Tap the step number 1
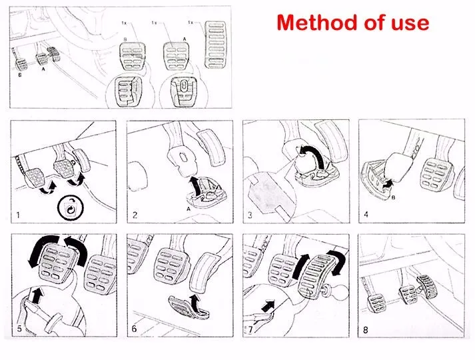pyautogui.click(x=18, y=215)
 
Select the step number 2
pyautogui.click(x=135, y=215)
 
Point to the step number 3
pyautogui.click(x=250, y=215)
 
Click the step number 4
pyautogui.click(x=366, y=215)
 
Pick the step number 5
pyautogui.click(x=19, y=329)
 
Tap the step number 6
pyautogui.click(x=134, y=329)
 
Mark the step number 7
pyautogui.click(x=250, y=329)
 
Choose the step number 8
pyautogui.click(x=366, y=330)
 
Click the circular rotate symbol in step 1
pyautogui.click(x=71, y=207)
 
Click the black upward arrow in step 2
pyautogui.click(x=196, y=186)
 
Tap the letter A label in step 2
pyautogui.click(x=189, y=209)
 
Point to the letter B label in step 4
pyautogui.click(x=393, y=197)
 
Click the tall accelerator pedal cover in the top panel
pyautogui.click(x=215, y=45)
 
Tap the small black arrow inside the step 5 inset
pyautogui.click(x=37, y=295)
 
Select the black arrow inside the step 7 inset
pyautogui.click(x=268, y=305)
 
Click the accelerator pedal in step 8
pyautogui.click(x=427, y=285)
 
